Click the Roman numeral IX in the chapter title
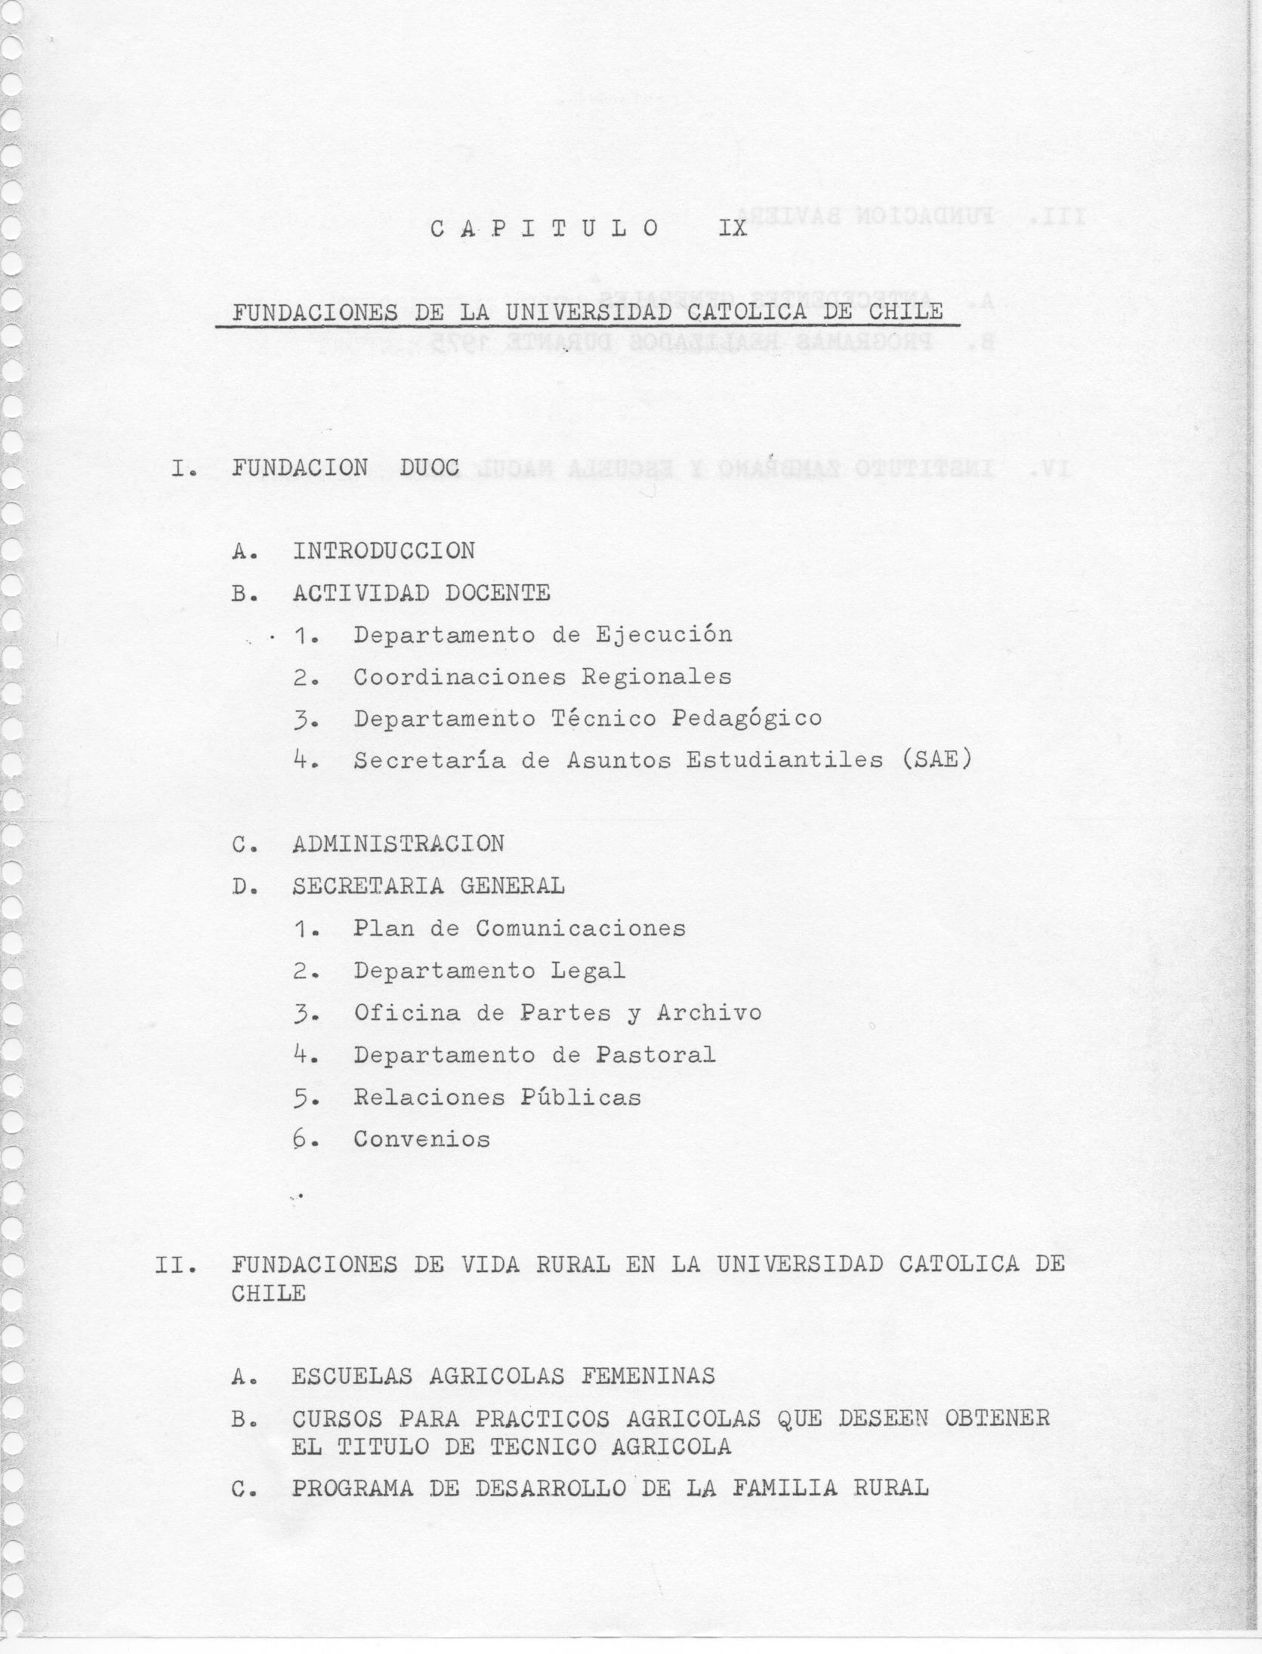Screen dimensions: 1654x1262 tap(733, 228)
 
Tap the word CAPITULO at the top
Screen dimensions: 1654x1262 tap(544, 228)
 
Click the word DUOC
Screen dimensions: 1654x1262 tap(430, 468)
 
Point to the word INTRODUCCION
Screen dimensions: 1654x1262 tap(384, 551)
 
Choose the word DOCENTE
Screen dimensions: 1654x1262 tap(497, 593)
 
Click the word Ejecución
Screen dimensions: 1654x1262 tap(664, 635)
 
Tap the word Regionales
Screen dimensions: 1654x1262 tap(656, 676)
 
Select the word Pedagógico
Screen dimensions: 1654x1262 tap(746, 718)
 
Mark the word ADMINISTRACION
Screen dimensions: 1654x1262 tap(398, 843)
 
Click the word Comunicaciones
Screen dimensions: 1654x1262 tap(580, 928)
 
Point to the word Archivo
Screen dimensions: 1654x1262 tap(708, 1012)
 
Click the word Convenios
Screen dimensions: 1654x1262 tap(421, 1139)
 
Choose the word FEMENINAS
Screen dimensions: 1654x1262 tap(647, 1376)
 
